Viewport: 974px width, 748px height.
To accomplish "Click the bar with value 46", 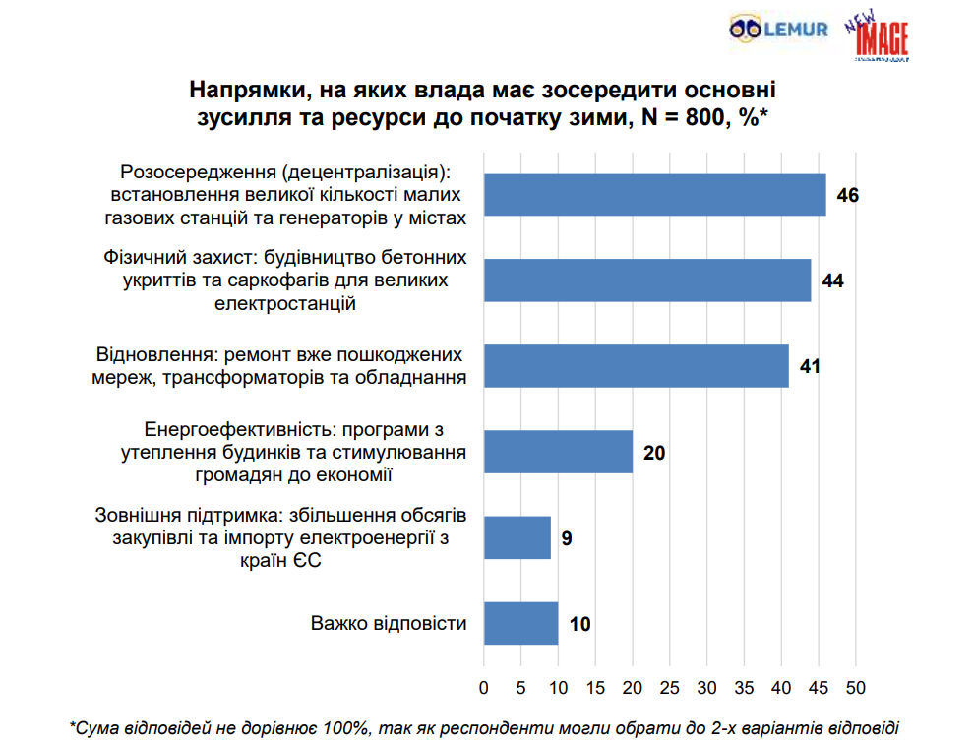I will pos(654,195).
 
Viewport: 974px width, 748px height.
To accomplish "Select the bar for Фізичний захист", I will pos(646,280).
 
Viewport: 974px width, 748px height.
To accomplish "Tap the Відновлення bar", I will pos(636,366).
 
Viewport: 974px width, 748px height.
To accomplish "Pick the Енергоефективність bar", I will pos(558,452).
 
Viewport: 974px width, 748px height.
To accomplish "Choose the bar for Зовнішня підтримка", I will pos(517,537).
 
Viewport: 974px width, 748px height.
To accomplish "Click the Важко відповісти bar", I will pos(520,623).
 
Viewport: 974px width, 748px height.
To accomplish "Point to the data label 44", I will pos(833,281).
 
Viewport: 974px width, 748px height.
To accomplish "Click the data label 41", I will pos(811,367).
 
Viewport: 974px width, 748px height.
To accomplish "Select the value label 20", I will pos(654,453).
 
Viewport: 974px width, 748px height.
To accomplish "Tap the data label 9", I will pos(567,538).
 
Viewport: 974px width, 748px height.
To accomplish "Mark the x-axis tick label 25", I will pos(670,686).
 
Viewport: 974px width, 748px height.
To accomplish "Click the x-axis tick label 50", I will pos(856,686).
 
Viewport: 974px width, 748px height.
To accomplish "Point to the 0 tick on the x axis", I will pos(484,686).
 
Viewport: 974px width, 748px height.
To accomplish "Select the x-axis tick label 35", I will pos(744,686).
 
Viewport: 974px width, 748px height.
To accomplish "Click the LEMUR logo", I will pos(778,31).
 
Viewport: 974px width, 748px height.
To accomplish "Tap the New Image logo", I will pos(877,37).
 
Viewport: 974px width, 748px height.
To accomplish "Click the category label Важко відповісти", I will pos(389,623).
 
